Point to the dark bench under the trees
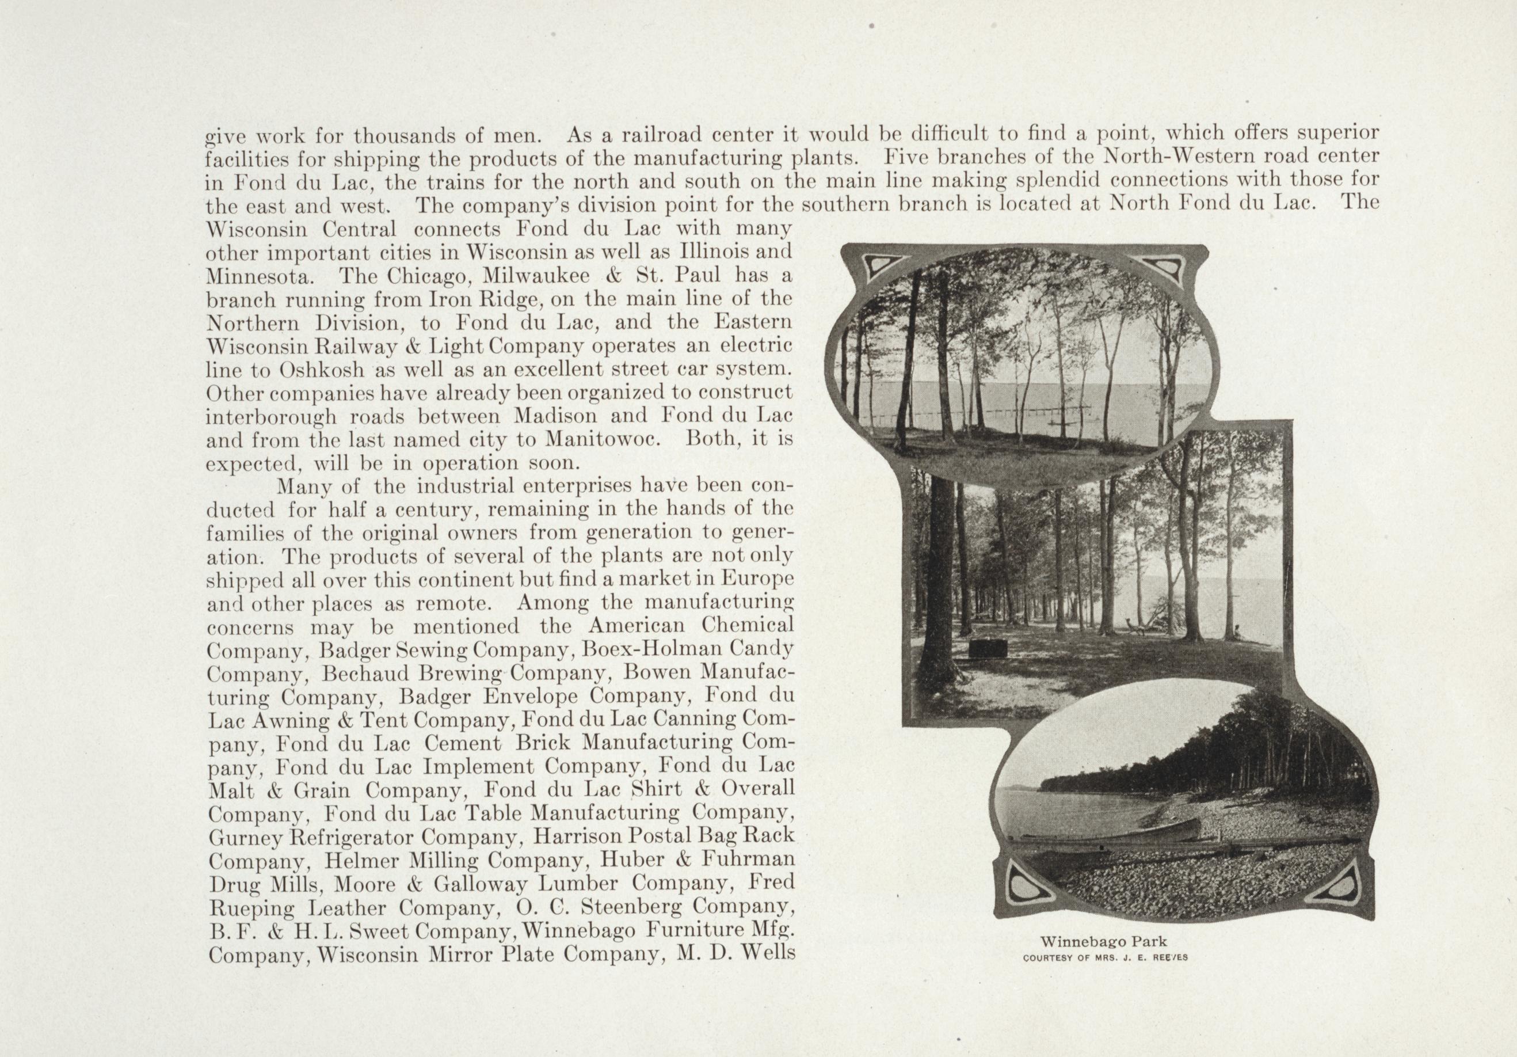988,648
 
